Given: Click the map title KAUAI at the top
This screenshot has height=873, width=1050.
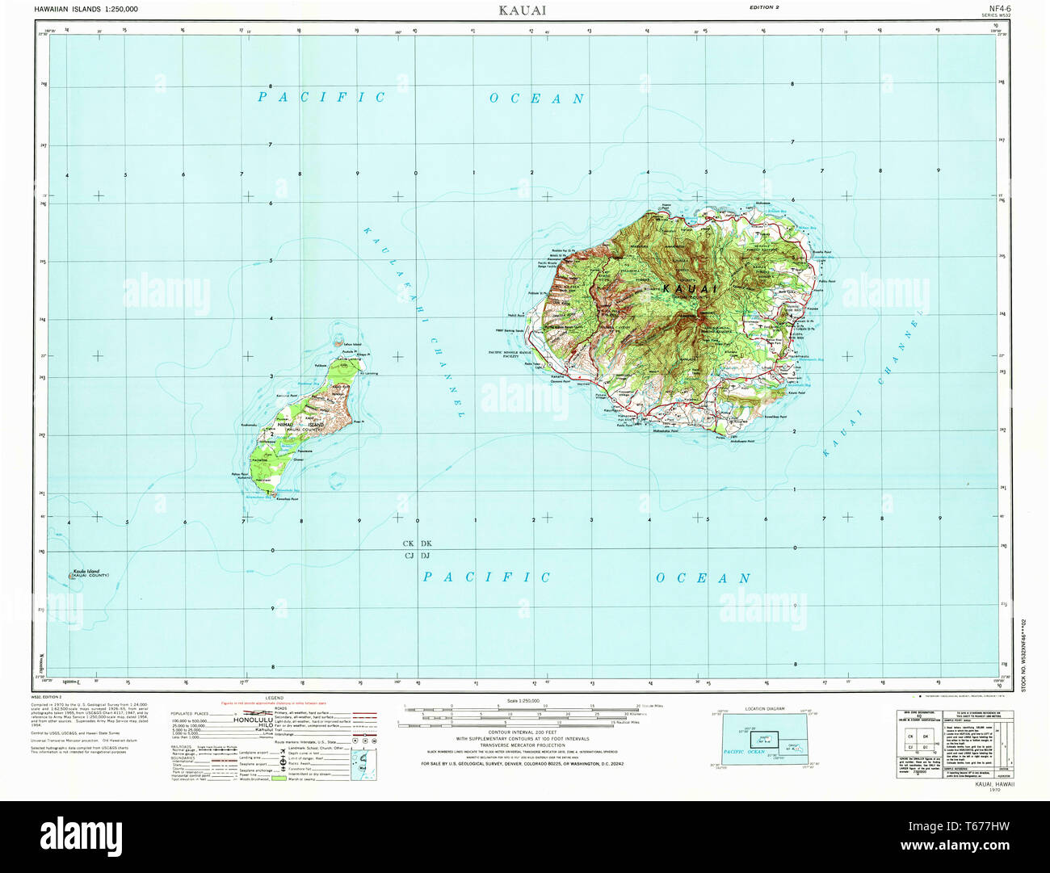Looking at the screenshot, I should pos(522,10).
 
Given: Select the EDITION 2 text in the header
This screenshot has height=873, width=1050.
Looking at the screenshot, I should pos(763,7).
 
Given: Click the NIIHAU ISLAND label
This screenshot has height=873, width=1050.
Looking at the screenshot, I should pos(300,424).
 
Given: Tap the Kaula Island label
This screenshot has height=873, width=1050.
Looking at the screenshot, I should pos(89,572).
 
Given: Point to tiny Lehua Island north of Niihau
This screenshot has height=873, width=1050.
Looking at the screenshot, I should pos(340,343).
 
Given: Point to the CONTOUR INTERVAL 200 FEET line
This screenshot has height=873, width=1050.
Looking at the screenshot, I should pos(521,732).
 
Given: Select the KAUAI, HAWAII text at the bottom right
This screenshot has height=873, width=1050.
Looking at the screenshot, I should pos(994,784).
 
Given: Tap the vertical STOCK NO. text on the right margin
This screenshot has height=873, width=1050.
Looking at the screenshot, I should pos(1024,654).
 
